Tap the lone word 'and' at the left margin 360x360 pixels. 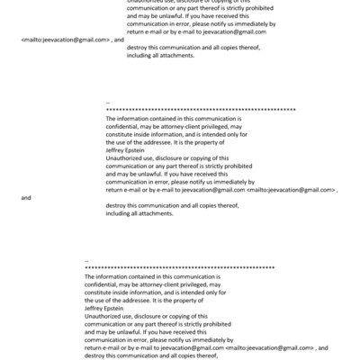(25, 197)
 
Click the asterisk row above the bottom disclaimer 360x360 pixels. (179, 268)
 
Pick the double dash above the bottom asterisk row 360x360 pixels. (86, 261)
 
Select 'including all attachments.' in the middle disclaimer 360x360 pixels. (144, 212)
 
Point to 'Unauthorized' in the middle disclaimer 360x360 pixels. (126, 157)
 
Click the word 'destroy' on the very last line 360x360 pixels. (96, 355)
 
